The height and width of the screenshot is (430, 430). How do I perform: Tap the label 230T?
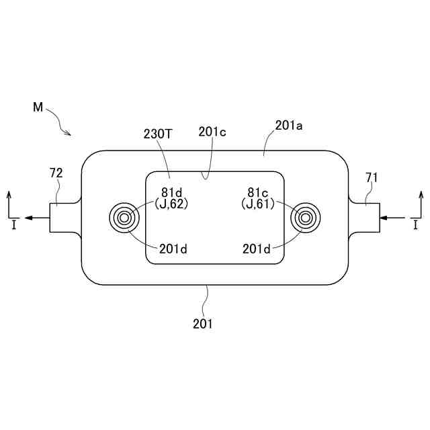158,134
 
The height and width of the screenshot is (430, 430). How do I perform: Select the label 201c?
212,132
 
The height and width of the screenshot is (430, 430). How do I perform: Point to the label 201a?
290,126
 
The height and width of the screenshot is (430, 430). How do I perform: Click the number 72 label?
56,173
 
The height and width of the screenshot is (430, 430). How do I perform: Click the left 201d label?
173,249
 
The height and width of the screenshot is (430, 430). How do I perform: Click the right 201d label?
257,249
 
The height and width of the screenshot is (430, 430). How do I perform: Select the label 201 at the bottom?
202,324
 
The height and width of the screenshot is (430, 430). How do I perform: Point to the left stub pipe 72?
65,217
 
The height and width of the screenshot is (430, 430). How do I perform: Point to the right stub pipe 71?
365,217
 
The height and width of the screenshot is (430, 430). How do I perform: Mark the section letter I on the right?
417,226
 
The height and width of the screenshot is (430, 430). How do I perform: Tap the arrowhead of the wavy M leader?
69,134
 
